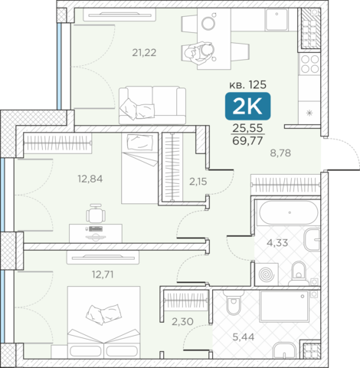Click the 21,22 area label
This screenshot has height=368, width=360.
pyautogui.click(x=144, y=53)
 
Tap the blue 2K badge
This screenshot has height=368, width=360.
pyautogui.click(x=247, y=106)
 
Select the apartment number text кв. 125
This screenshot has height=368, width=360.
pyautogui.click(x=247, y=84)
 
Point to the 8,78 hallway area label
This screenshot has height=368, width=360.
pyautogui.click(x=280, y=153)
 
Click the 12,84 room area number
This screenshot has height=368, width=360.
pyautogui.click(x=90, y=179)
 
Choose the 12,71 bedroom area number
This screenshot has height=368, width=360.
pyautogui.click(x=103, y=274)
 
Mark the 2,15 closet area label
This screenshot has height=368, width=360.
pyautogui.click(x=198, y=182)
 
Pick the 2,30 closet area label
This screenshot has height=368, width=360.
pyautogui.click(x=182, y=321)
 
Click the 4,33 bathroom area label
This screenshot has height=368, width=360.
pyautogui.click(x=277, y=242)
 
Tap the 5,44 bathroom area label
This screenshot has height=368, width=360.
pyautogui.click(x=244, y=337)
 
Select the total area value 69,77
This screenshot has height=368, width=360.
pyautogui.click(x=247, y=140)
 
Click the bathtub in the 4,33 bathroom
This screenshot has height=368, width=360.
pyautogui.click(x=289, y=213)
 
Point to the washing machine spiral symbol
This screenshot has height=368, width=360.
pyautogui.click(x=267, y=274)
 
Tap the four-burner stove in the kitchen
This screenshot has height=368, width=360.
pyautogui.click(x=309, y=64)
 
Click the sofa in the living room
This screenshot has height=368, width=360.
pyautogui.click(x=152, y=105)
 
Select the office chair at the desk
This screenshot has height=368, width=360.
pyautogui.click(x=96, y=214)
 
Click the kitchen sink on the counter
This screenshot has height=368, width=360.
pyautogui.click(x=277, y=19)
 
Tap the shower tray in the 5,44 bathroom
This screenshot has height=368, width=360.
pyautogui.click(x=285, y=306)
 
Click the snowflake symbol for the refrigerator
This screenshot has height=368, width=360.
pyautogui.click(x=309, y=113)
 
